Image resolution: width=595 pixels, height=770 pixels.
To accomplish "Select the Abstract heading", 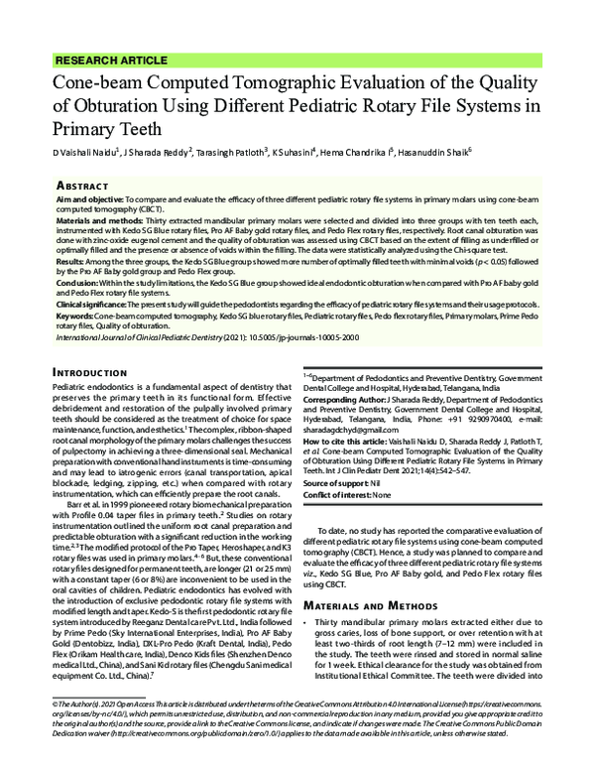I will click(x=81, y=185).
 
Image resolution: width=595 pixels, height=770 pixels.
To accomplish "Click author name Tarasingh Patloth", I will click(x=240, y=153).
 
